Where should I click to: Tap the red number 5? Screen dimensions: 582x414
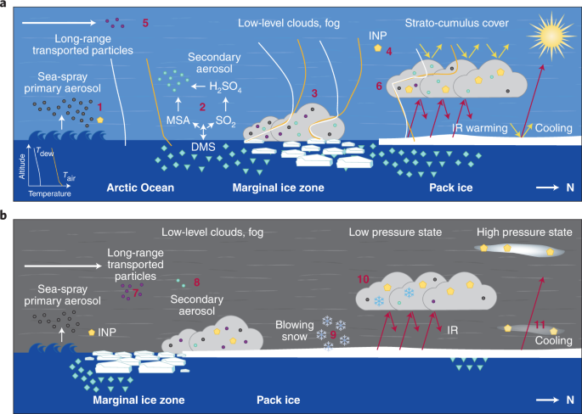[145, 23]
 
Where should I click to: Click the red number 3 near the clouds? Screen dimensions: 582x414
[315, 93]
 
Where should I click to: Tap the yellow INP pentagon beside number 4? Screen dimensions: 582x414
[378, 50]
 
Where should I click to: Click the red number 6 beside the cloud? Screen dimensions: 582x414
[379, 86]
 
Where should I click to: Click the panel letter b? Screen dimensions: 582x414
[6, 215]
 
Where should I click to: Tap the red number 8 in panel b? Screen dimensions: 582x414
[196, 282]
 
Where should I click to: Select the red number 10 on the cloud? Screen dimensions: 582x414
[364, 278]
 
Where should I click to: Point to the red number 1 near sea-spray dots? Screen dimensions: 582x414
[99, 107]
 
